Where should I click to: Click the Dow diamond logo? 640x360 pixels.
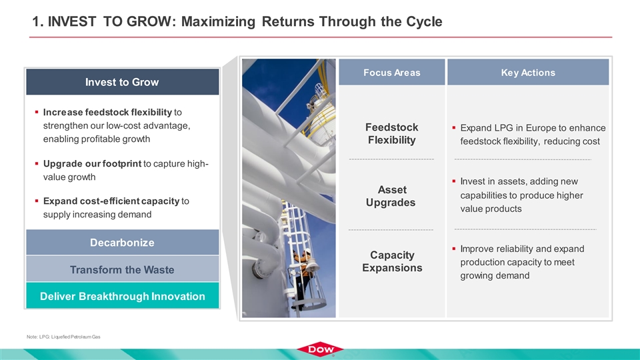coord(320,349)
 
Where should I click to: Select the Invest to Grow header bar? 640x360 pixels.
coord(123,82)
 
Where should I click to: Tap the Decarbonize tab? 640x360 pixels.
coord(123,243)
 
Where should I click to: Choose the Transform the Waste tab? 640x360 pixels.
coord(123,269)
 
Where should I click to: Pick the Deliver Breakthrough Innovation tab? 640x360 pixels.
coord(123,296)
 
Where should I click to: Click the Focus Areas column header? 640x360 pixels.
coord(392,72)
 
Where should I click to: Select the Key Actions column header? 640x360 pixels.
coord(528,72)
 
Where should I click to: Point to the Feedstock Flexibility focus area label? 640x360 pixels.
coord(392,133)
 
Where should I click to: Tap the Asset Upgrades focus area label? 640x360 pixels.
coord(391,196)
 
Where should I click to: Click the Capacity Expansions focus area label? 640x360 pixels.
coord(392,261)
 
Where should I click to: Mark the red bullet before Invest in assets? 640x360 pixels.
coord(454,181)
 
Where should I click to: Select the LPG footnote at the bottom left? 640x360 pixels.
coord(63,337)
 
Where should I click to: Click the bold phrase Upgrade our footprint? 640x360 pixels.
coord(92,164)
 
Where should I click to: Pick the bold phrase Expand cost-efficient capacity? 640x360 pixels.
coord(111,201)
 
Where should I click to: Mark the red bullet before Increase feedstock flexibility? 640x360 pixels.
coord(37,112)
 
